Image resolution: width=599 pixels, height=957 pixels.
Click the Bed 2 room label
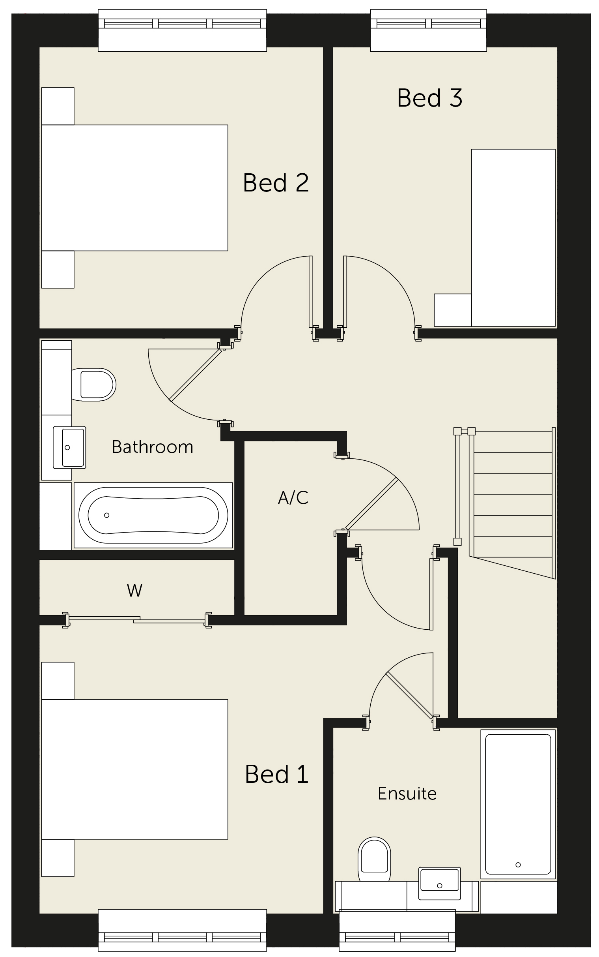pyautogui.click(x=276, y=183)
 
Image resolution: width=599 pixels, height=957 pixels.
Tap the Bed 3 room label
pyautogui.click(x=430, y=98)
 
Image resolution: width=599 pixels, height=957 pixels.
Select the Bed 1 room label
pyautogui.click(x=276, y=774)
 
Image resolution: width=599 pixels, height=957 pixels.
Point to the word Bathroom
pyautogui.click(x=153, y=447)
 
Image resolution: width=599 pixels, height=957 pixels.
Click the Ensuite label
pyautogui.click(x=407, y=794)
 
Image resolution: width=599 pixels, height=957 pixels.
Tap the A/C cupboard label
pyautogui.click(x=293, y=497)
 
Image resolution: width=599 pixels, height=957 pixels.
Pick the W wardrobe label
pyautogui.click(x=135, y=591)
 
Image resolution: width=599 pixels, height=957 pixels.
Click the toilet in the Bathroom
pyautogui.click(x=94, y=384)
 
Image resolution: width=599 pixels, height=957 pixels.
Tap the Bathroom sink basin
pyautogui.click(x=70, y=447)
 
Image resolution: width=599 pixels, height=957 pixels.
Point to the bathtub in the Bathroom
pyautogui.click(x=153, y=515)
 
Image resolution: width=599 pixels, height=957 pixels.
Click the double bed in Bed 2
pyautogui.click(x=135, y=188)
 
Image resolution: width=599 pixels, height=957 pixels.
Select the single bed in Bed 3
pyautogui.click(x=513, y=238)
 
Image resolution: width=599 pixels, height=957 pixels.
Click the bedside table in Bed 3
pyautogui.click(x=453, y=310)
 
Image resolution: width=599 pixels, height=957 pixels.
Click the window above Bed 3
pyautogui.click(x=429, y=30)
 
